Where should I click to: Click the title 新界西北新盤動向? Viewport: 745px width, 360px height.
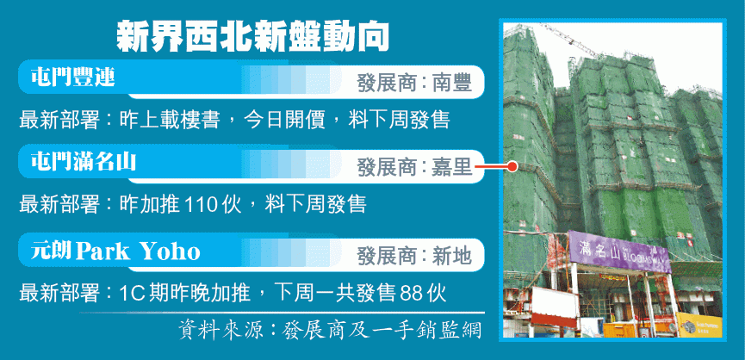click(252, 35)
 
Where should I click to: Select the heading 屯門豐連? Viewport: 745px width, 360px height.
click(73, 77)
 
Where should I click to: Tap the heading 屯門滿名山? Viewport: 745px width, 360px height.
click(84, 162)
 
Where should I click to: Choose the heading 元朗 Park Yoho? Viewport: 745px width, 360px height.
click(115, 251)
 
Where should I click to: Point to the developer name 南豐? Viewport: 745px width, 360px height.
click(452, 84)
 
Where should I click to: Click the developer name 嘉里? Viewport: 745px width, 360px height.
click(452, 167)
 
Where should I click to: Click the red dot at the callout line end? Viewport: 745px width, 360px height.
click(512, 167)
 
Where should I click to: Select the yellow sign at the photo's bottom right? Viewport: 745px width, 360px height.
click(699, 326)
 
